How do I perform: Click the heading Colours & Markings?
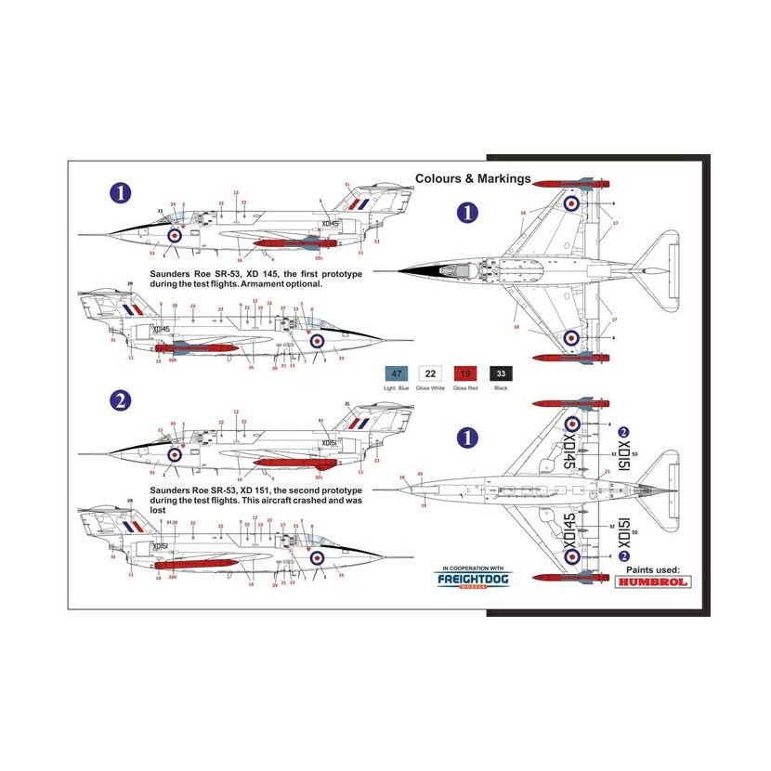(x=473, y=178)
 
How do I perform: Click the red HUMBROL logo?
(x=654, y=586)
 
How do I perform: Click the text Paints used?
(x=653, y=569)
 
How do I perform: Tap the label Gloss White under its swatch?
(x=431, y=387)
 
